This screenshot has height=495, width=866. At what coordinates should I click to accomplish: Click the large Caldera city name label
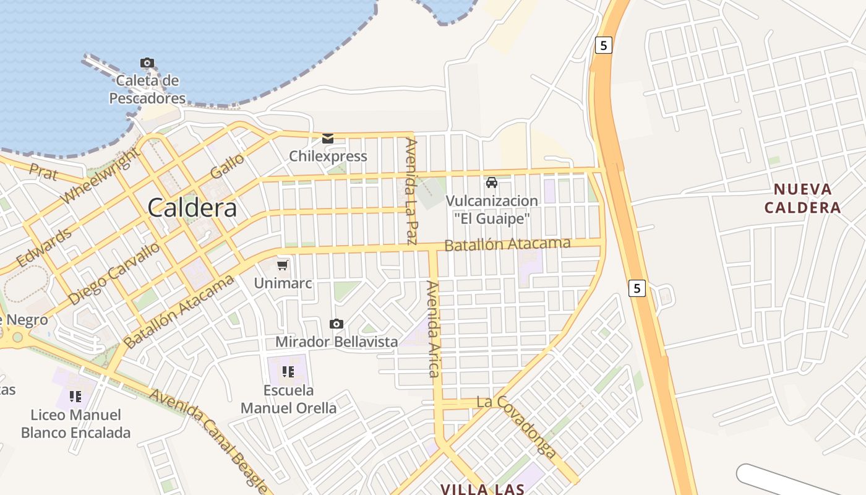[x=192, y=208]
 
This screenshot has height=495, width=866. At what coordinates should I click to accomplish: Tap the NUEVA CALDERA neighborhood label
[x=802, y=198]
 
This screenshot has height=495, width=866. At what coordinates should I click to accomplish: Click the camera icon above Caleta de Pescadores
[x=147, y=62]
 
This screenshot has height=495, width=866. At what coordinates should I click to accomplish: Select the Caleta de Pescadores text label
[x=147, y=89]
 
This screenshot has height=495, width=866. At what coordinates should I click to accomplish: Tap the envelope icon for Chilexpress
[x=328, y=139]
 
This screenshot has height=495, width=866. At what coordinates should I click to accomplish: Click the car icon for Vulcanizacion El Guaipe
[x=492, y=183]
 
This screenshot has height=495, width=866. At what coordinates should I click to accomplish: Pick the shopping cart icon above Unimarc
[x=283, y=265]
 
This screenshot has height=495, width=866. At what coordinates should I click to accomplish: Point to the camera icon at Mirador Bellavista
[x=337, y=324]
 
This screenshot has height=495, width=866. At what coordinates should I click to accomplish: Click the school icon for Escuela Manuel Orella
[x=288, y=372]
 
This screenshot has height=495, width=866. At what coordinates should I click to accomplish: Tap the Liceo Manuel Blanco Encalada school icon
[x=75, y=396]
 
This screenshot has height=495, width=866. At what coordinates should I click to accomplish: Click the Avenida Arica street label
[x=433, y=329]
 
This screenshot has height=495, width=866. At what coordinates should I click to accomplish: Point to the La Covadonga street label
[x=517, y=427]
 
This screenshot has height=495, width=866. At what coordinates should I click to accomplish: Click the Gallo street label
[x=227, y=166]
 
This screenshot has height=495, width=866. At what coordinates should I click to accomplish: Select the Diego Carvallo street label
[x=114, y=273]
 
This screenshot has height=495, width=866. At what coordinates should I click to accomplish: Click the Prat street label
[x=43, y=172]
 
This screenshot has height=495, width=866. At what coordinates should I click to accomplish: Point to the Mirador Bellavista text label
[x=337, y=342]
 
